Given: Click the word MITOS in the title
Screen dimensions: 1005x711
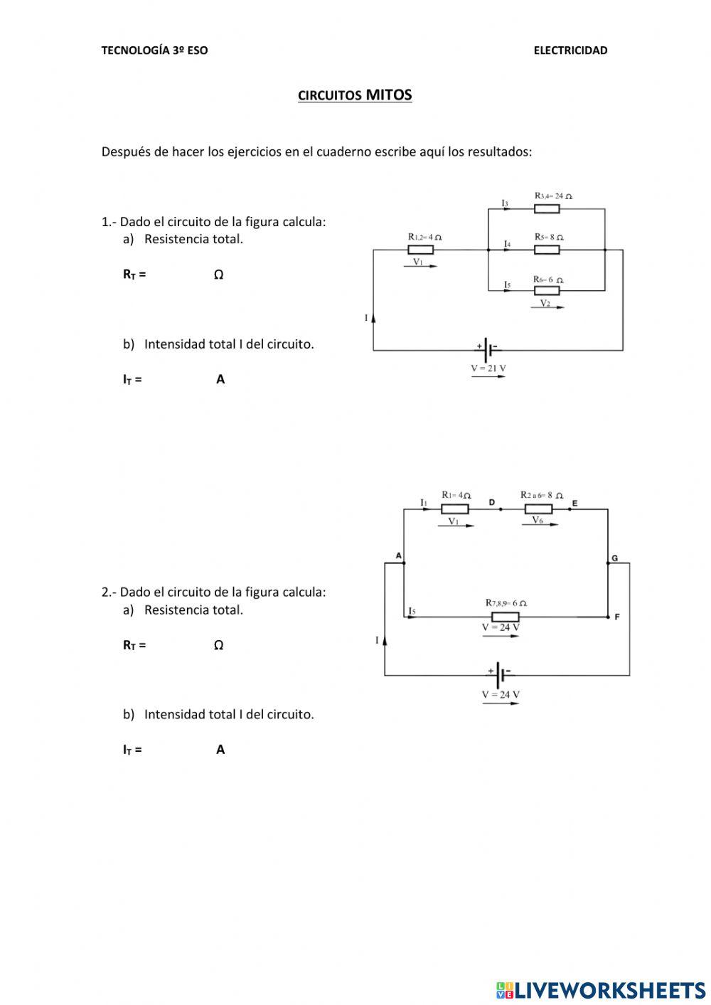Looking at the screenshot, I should click(389, 95).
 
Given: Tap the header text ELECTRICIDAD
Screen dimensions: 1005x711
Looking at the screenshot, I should click(570, 50).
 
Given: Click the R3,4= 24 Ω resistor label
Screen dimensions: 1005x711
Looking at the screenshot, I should click(553, 196).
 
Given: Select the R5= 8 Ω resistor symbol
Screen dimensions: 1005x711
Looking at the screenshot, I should click(547, 250).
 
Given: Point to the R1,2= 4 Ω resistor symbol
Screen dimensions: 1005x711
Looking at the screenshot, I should click(420, 250).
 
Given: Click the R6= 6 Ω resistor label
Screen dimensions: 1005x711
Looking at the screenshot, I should click(548, 280).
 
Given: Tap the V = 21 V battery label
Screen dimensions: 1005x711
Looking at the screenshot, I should click(488, 368).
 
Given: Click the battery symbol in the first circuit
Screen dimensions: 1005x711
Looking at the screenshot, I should click(488, 350).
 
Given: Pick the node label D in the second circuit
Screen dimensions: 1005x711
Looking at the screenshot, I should click(491, 503).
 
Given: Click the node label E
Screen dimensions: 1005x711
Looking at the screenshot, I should click(574, 504).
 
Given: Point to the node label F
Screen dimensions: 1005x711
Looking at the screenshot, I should click(616, 617).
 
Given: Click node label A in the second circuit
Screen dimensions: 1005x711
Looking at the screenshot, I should click(398, 555).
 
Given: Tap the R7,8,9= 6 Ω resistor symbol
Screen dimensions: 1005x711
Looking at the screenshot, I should click(505, 617).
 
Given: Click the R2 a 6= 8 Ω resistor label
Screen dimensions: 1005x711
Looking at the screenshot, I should click(541, 495).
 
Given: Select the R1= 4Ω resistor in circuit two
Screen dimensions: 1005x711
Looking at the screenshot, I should click(455, 509).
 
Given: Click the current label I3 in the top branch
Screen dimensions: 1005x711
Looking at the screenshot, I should click(505, 204).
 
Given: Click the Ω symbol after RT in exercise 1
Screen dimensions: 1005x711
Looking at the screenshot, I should click(218, 275).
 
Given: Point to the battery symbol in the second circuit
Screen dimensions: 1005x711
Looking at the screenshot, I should click(501, 674).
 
